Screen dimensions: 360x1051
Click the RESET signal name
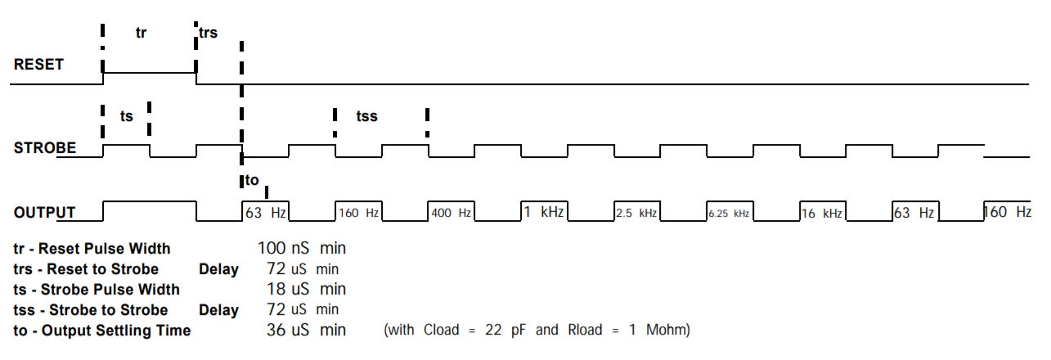tap(38, 64)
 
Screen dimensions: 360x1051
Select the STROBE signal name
tap(45, 148)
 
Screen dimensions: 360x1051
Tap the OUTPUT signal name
tap(44, 213)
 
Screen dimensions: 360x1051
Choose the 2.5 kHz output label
tap(636, 214)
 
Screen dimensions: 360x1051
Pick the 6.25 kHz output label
tap(729, 214)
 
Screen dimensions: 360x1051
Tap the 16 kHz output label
tap(822, 214)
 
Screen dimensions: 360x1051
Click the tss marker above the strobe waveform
tap(366, 116)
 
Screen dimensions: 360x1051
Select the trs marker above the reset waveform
tap(208, 33)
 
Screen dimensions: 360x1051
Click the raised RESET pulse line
tap(149, 72)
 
